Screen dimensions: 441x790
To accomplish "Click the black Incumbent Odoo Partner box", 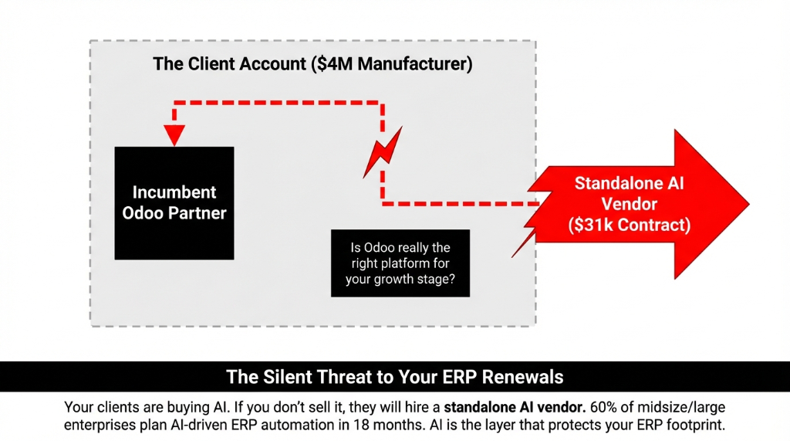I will pyautogui.click(x=174, y=202).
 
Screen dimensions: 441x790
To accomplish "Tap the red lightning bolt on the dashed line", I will pyautogui.click(x=383, y=152).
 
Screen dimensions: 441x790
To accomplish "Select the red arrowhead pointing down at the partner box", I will pyautogui.click(x=175, y=134).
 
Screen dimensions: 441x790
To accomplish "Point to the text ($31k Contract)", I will pyautogui.click(x=629, y=226).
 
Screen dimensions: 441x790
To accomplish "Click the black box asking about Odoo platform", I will pyautogui.click(x=400, y=263).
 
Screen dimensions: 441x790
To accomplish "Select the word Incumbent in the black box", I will pyautogui.click(x=174, y=192).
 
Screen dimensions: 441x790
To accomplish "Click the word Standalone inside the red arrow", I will pyautogui.click(x=629, y=184).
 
